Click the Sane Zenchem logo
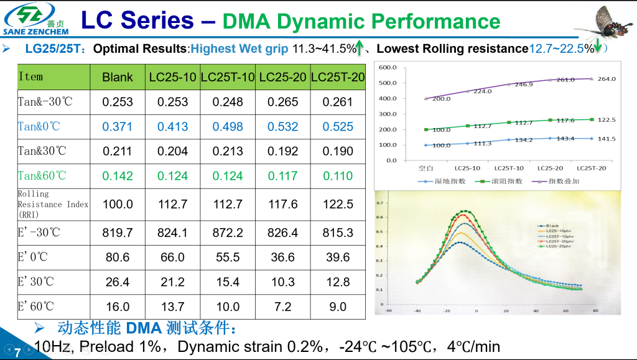35,19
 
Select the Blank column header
118,77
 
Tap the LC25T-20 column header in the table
338,77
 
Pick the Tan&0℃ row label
39,126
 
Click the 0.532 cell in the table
283,126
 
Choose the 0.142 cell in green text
118,176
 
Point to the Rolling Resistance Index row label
53,204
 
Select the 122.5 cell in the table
338,205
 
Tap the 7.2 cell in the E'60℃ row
283,307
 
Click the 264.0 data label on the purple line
606,79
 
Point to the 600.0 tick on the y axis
388,67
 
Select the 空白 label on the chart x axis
425,168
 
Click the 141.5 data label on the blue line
606,139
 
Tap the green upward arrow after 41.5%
360,48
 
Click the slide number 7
17,353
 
